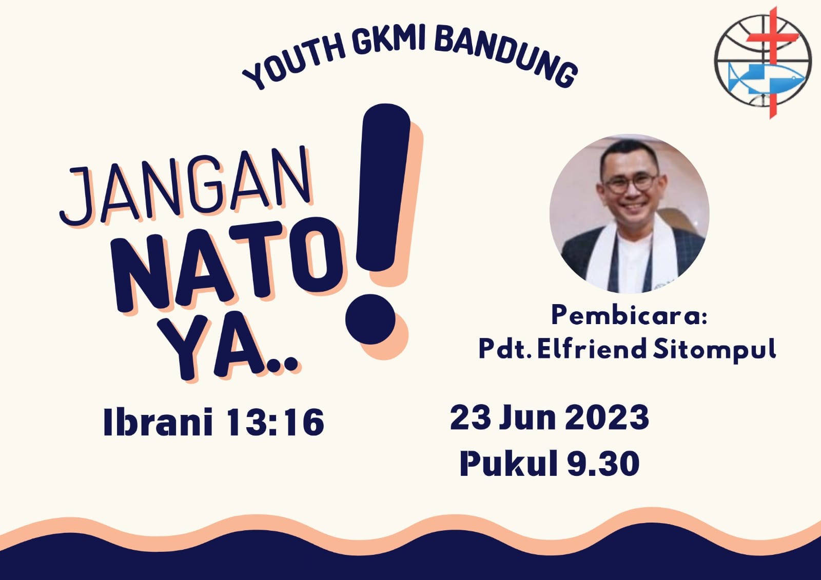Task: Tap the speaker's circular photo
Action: [629, 214]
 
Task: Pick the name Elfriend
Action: [592, 349]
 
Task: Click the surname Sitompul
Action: [715, 350]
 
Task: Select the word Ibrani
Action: [158, 422]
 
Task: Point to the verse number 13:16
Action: [275, 422]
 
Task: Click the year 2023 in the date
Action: [607, 417]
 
